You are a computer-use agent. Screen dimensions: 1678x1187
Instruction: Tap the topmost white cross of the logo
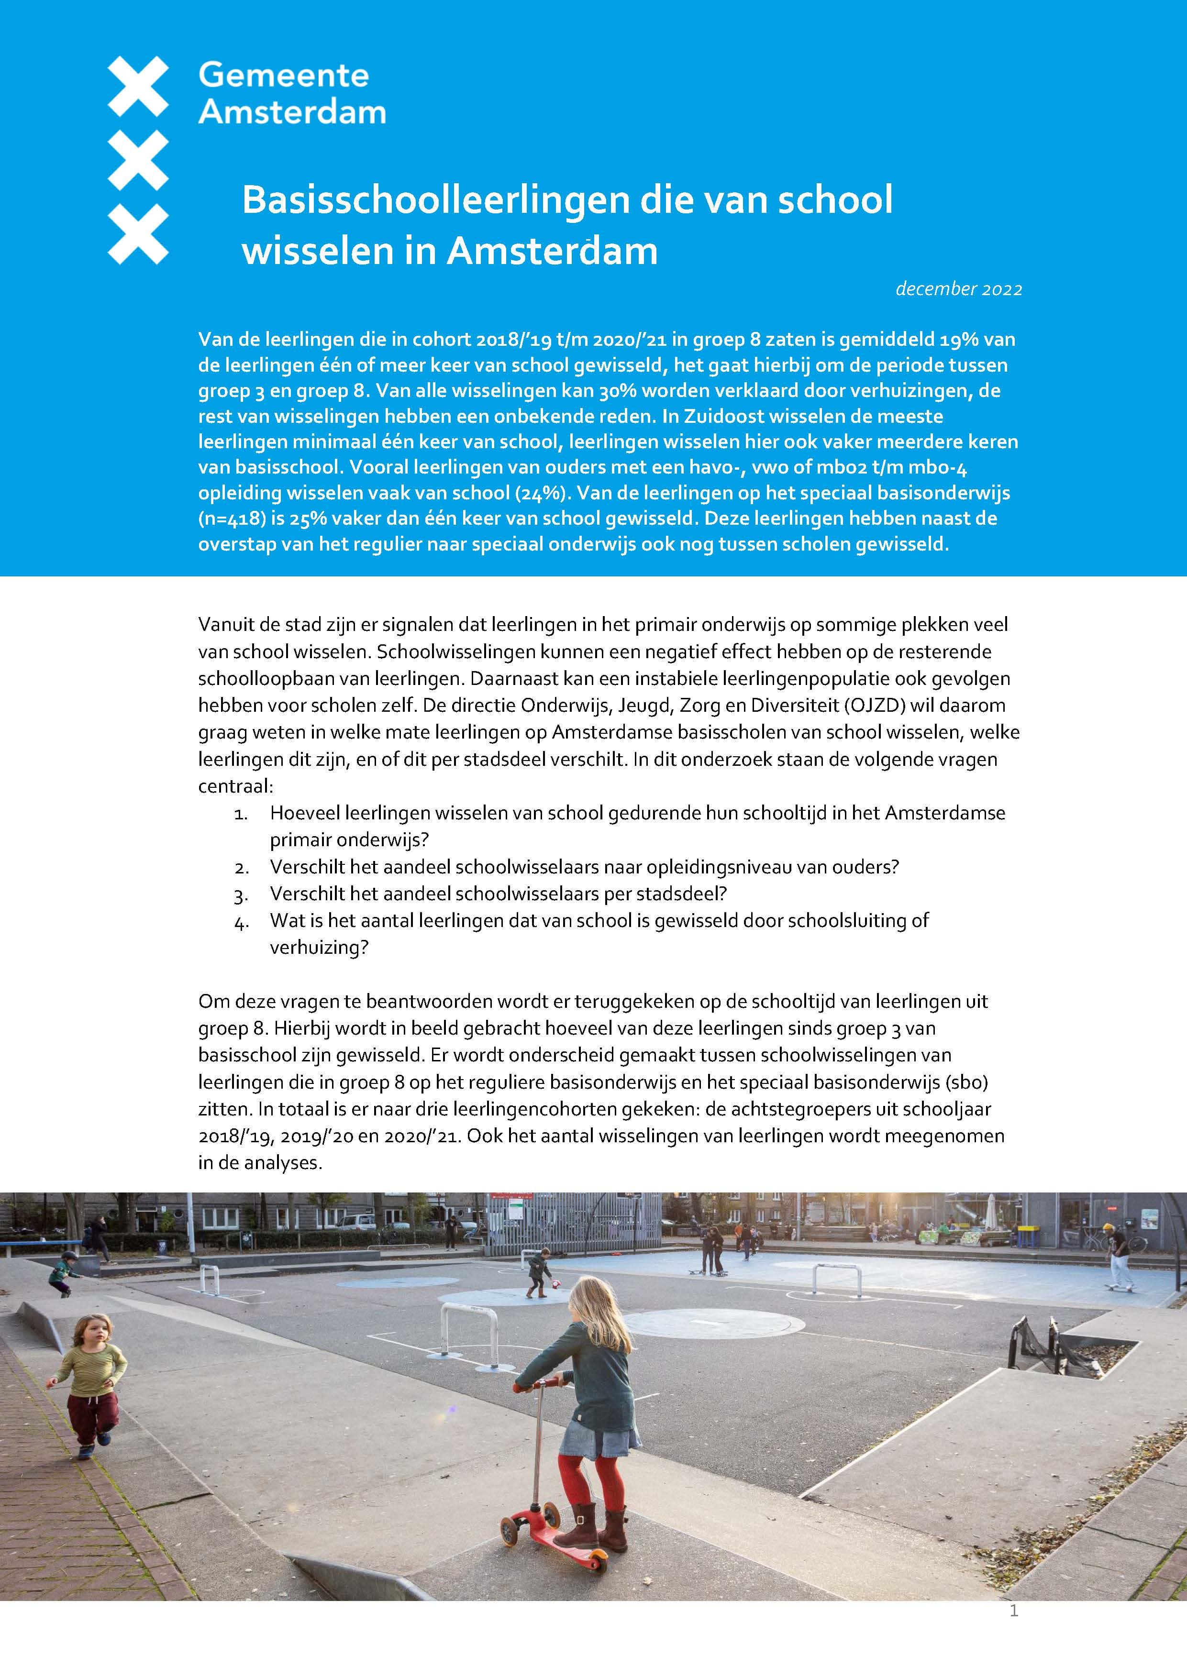click(138, 87)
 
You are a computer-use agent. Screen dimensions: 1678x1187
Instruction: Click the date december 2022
click(958, 289)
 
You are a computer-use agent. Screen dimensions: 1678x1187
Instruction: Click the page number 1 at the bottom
click(1013, 1631)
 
